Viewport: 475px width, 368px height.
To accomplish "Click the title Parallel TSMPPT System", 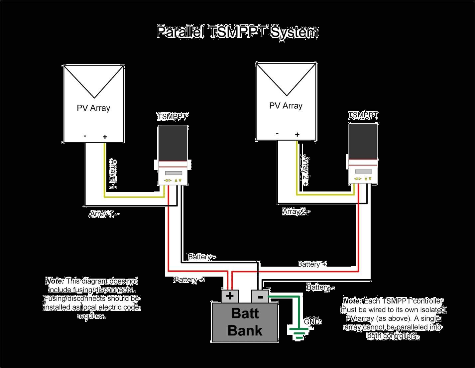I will (237, 32).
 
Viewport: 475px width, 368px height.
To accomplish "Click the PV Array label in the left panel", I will (93, 108).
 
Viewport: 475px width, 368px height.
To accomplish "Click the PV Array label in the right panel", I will (286, 106).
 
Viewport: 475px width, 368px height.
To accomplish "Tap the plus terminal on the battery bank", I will (230, 296).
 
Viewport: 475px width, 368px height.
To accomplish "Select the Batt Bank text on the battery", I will (245, 322).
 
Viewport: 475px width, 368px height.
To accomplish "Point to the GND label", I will (312, 322).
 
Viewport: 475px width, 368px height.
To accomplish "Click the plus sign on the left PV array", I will (105, 137).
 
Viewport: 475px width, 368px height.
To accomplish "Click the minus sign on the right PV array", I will (277, 134).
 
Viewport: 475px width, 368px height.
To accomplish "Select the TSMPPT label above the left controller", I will (172, 117).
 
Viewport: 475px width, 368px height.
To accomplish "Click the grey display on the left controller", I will (174, 173).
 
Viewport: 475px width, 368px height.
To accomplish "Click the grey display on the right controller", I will (363, 172).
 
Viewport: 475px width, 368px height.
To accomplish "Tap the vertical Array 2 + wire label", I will (305, 171).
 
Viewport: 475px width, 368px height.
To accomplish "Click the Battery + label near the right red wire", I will (312, 264).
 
